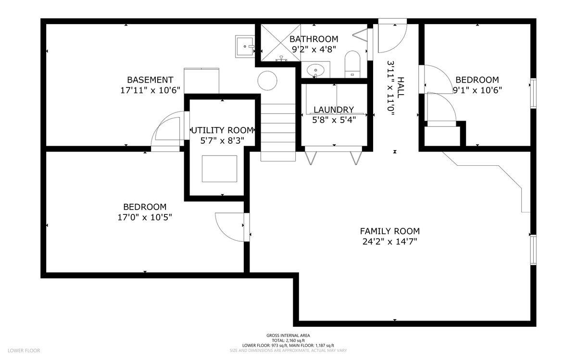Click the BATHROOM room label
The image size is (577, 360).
pos(314,39)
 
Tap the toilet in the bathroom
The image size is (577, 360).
pos(352,63)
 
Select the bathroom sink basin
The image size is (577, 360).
pos(315,70)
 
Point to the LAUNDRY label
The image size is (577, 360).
pos(333,110)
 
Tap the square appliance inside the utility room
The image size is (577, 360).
pos(220,169)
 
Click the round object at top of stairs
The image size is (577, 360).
pos(267,80)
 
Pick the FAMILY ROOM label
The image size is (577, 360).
pos(390,231)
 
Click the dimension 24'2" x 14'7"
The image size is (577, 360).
pos(390,242)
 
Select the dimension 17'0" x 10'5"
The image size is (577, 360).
pos(145,217)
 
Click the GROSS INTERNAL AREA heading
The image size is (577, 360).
pos(288,335)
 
